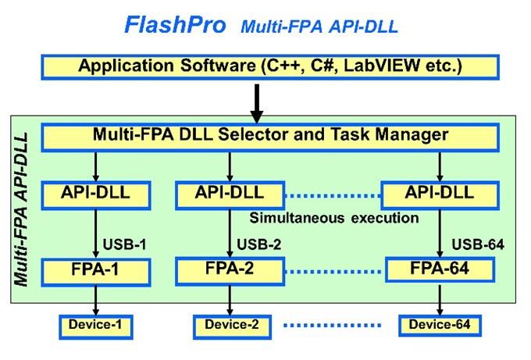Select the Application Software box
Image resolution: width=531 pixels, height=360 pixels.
point(270,66)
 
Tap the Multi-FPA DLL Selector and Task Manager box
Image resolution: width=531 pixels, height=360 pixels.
point(270,135)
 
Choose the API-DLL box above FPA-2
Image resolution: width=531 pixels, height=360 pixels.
point(230,192)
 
